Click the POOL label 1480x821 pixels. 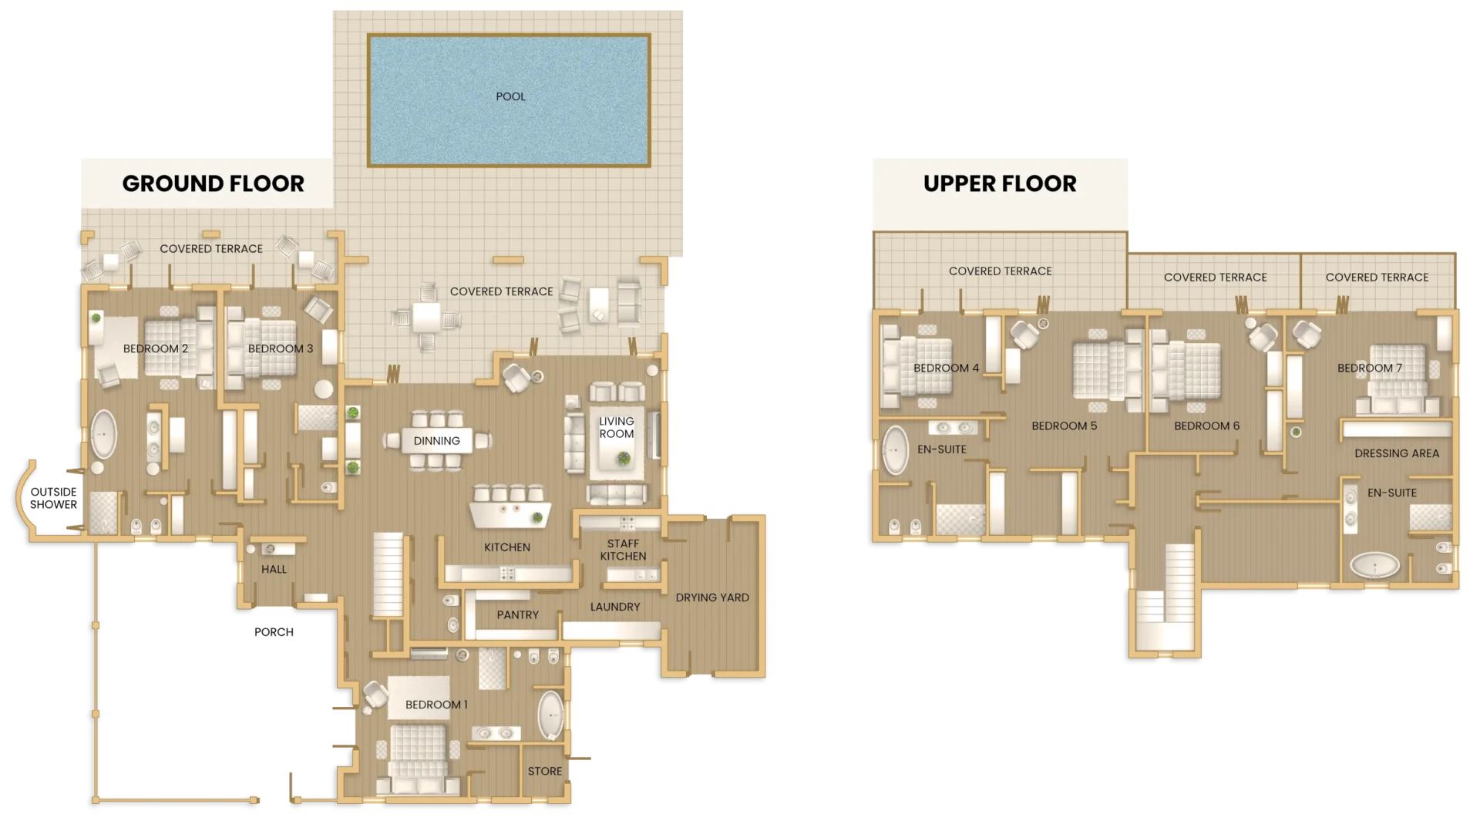click(510, 96)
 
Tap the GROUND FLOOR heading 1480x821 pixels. click(213, 183)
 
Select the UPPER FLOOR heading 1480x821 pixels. click(1000, 183)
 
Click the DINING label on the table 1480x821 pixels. click(436, 441)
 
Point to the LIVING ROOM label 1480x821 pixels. click(617, 427)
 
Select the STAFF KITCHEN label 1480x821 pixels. click(623, 550)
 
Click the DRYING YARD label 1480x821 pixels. click(711, 597)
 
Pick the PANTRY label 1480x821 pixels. click(517, 614)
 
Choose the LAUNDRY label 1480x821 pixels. click(614, 607)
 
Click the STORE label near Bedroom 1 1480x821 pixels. click(544, 771)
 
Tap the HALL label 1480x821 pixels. click(274, 569)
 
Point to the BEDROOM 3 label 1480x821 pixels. click(281, 348)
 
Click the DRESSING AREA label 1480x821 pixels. click(1396, 453)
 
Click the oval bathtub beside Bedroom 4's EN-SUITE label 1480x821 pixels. click(895, 449)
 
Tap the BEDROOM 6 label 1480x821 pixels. click(1206, 426)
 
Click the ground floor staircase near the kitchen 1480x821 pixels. click(388, 574)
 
